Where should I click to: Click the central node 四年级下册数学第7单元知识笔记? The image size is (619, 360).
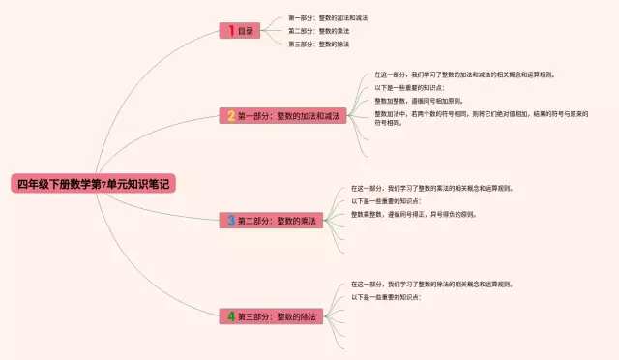pos(93,183)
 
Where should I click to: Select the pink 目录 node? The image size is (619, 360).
pos(240,31)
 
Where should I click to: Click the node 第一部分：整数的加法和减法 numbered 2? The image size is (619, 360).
pos(283,116)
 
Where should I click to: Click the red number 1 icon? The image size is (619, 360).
pos(230,31)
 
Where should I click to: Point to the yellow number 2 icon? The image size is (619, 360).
pos(231,116)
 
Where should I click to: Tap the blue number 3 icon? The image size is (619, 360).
pos(231,221)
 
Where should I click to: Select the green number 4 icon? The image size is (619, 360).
pos(231,316)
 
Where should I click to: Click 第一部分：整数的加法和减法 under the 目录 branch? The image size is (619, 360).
pos(327,17)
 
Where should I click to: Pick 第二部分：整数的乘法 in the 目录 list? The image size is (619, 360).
pos(318,31)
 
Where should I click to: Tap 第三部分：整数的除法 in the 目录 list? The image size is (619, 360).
pos(318,44)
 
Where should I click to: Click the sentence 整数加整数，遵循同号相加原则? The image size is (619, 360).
pos(418,100)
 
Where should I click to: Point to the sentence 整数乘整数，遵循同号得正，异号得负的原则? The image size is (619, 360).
pos(413,214)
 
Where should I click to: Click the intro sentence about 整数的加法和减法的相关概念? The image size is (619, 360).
pos(464,74)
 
